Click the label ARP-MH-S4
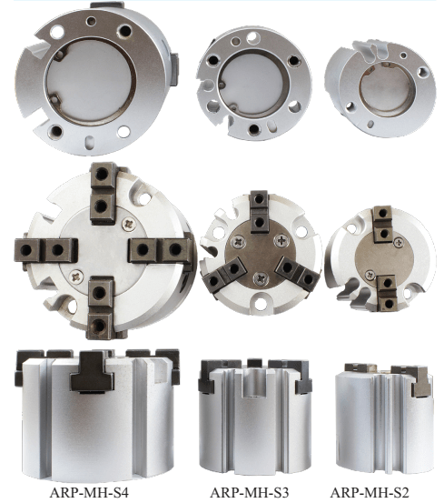click(89, 492)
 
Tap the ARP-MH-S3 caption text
click(250, 492)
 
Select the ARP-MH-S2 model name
click(370, 492)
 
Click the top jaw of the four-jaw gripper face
click(103, 194)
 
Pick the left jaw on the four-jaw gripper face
click(45, 250)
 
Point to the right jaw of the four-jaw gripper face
click(160, 250)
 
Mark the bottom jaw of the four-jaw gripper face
click(101, 308)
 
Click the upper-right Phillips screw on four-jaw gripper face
click(129, 225)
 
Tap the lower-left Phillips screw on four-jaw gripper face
click(76, 277)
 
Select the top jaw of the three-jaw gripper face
click(259, 211)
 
